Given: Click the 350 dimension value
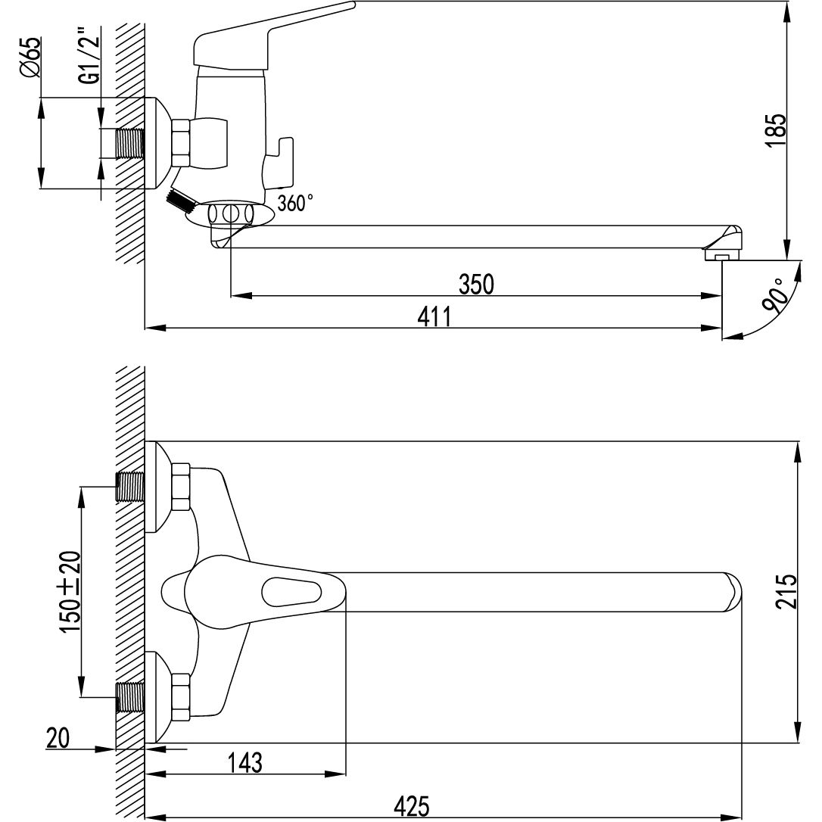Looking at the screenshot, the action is (476, 284).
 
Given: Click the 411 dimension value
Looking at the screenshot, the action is (434, 316).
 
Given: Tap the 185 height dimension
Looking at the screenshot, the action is (777, 130).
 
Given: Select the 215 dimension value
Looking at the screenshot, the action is (786, 591).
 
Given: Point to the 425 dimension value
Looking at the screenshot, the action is (412, 806).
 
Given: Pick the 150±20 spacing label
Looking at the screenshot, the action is (70, 591).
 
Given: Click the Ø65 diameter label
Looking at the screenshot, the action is (30, 58).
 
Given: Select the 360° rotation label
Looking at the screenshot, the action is (295, 202).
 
